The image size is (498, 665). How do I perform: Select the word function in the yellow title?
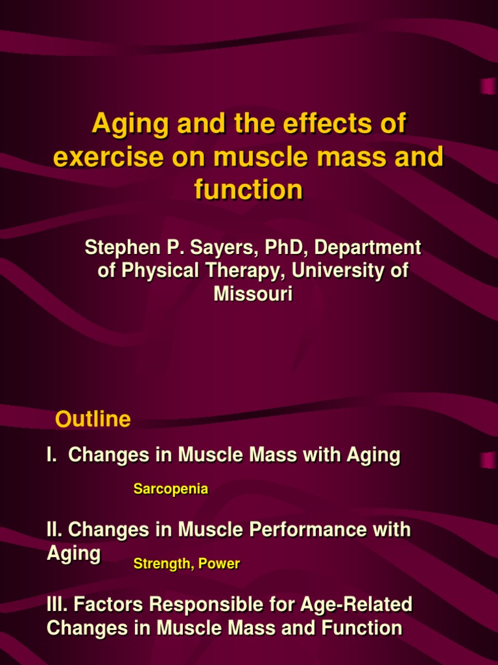[x=248, y=190]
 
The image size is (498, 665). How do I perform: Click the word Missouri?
[x=253, y=294]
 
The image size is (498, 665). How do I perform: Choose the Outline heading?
[x=93, y=420]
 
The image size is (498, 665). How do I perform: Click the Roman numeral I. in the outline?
[x=51, y=455]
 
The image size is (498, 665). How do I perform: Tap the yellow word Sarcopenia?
[x=171, y=490]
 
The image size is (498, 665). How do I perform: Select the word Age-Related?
[x=356, y=605]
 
